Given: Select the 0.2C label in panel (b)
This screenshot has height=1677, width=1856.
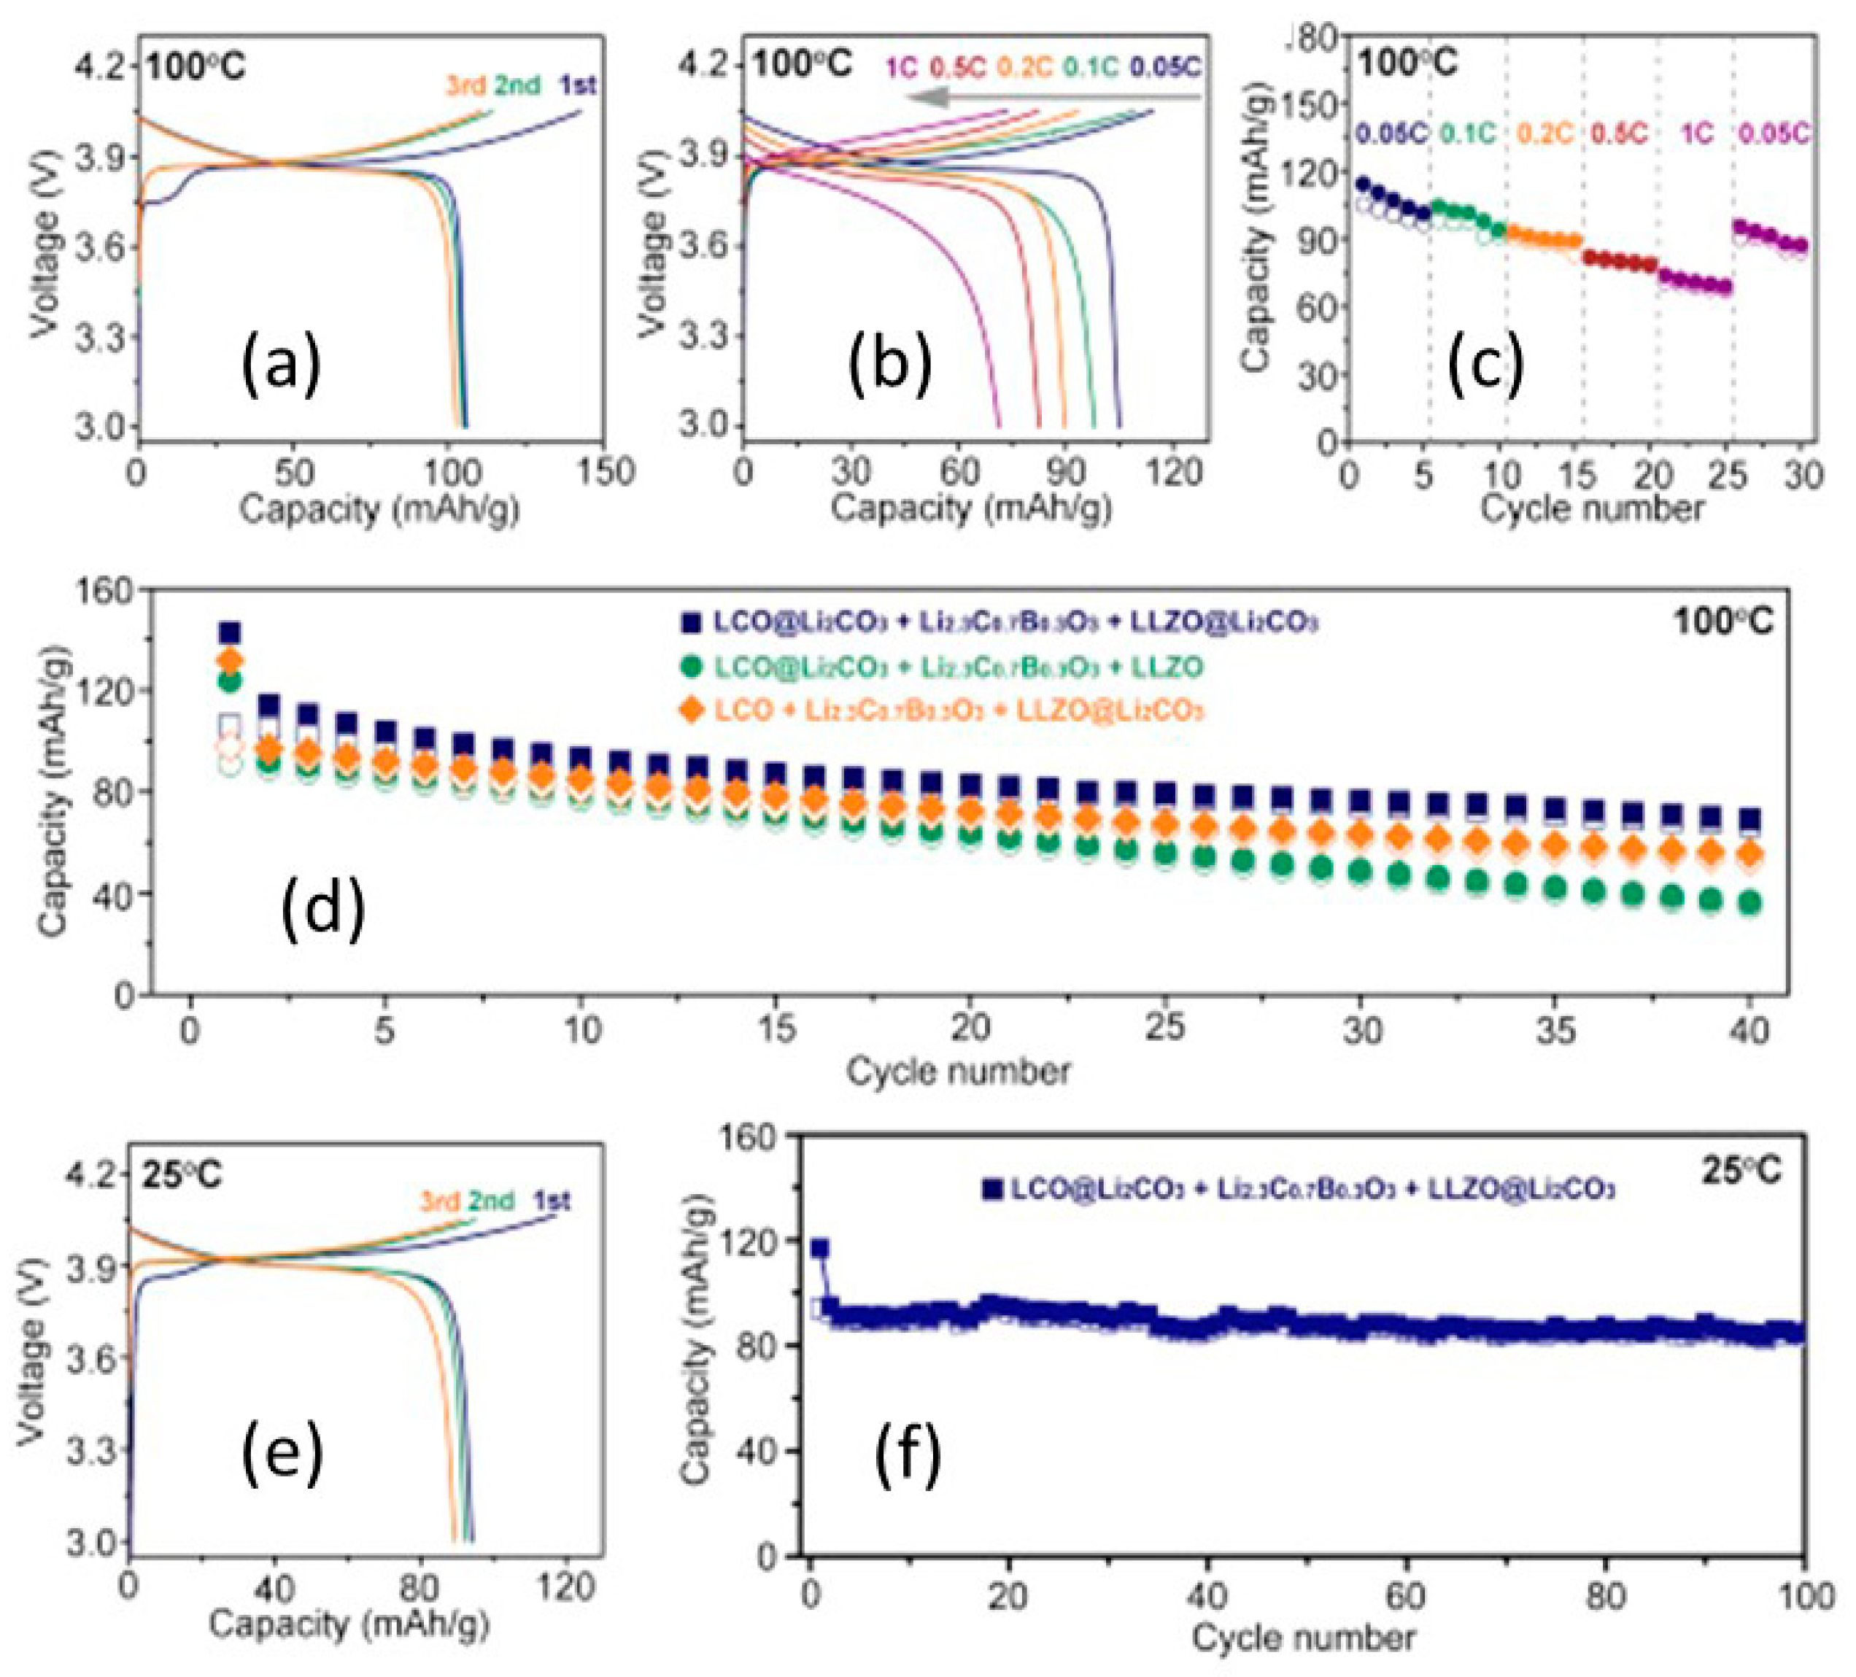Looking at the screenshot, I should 1024,67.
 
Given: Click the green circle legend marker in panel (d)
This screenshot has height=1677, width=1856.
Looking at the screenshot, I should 692,667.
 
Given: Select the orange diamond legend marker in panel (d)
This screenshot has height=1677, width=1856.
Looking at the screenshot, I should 692,710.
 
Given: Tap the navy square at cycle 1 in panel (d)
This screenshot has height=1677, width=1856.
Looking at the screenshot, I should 229,633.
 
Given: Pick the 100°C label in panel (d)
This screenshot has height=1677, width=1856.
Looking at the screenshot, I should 1722,622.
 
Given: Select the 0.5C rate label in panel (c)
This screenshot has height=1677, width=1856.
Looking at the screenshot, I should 1618,133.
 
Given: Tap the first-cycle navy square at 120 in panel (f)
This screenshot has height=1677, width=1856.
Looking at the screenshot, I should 819,1249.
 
